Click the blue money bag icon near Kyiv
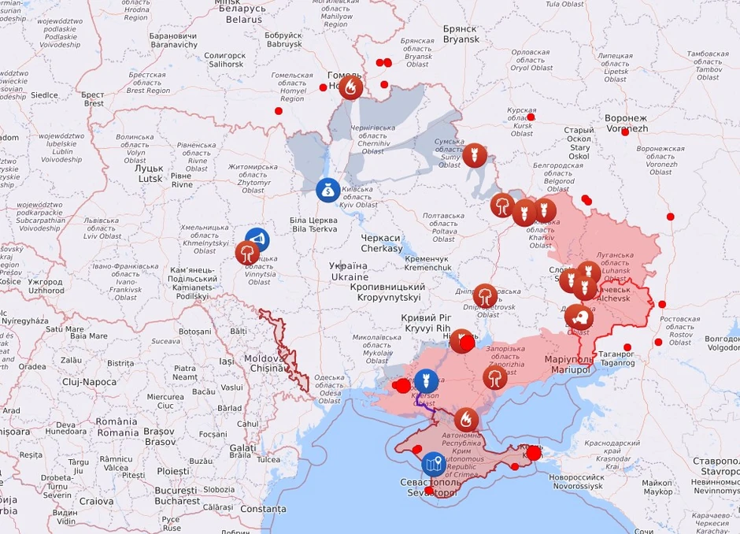pos(328,189)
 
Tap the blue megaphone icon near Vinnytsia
pos(257,239)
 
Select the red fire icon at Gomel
pos(351,87)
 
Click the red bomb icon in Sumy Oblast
pos(474,155)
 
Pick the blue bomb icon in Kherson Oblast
pos(426,381)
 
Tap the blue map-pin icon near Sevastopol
pos(434,464)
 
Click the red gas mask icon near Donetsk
pos(579,317)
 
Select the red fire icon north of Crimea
pos(466,420)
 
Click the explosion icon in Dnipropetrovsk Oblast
pos(486,296)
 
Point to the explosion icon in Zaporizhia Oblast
pos(495,378)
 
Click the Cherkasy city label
pos(381,243)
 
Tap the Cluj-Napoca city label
pos(89,382)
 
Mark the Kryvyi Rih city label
pos(425,322)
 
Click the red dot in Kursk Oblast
pos(531,117)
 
